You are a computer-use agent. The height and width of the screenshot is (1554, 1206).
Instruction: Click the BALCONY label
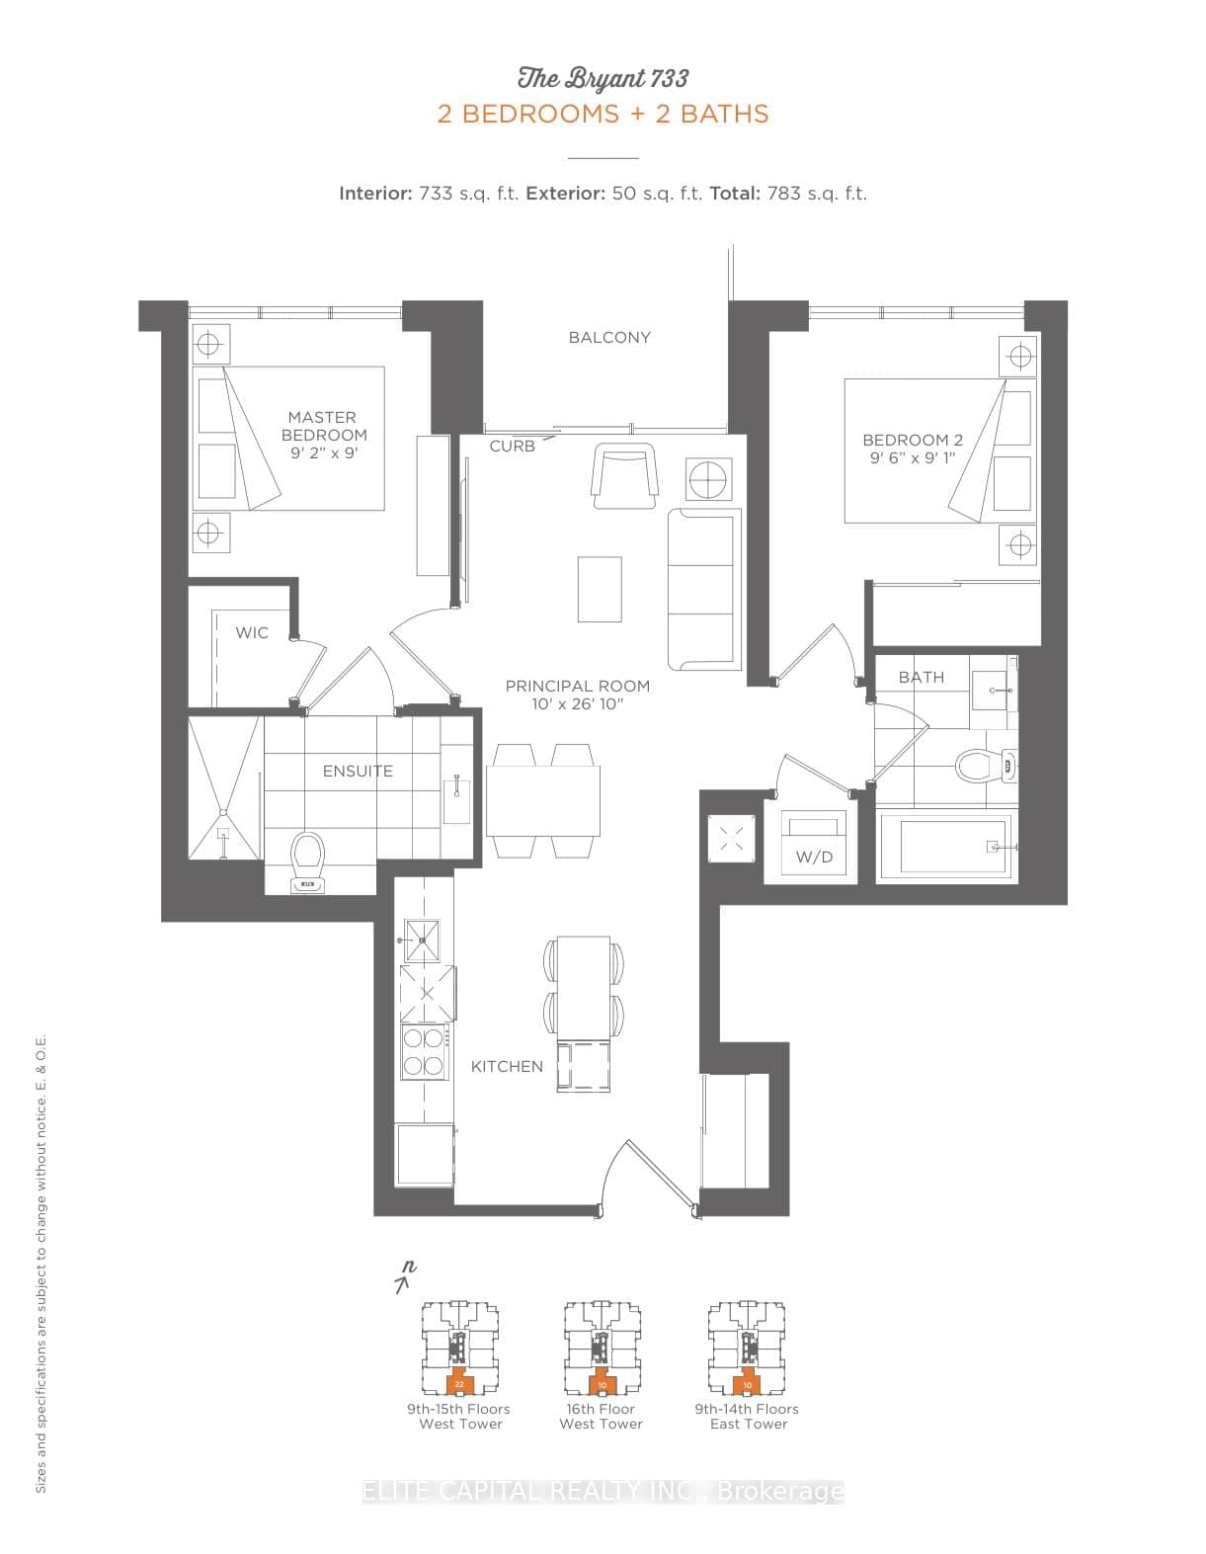point(609,338)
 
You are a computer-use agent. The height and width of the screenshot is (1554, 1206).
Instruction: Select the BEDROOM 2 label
point(912,441)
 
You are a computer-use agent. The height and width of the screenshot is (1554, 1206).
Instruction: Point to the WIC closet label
point(251,633)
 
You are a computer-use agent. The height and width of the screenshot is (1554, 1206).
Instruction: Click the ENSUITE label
point(358,772)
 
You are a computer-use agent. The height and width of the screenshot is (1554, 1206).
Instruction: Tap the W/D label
point(814,858)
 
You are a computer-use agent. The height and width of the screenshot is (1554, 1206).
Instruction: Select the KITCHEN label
point(507,1067)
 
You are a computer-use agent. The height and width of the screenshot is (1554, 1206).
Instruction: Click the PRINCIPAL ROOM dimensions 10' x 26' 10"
point(578,704)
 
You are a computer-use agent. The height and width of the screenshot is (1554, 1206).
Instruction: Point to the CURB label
point(512,447)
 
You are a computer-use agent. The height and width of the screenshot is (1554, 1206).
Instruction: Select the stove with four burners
point(424,1052)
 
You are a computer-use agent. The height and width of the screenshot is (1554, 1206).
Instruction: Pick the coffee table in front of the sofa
point(600,589)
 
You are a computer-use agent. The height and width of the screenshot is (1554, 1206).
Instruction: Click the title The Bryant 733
point(603,79)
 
